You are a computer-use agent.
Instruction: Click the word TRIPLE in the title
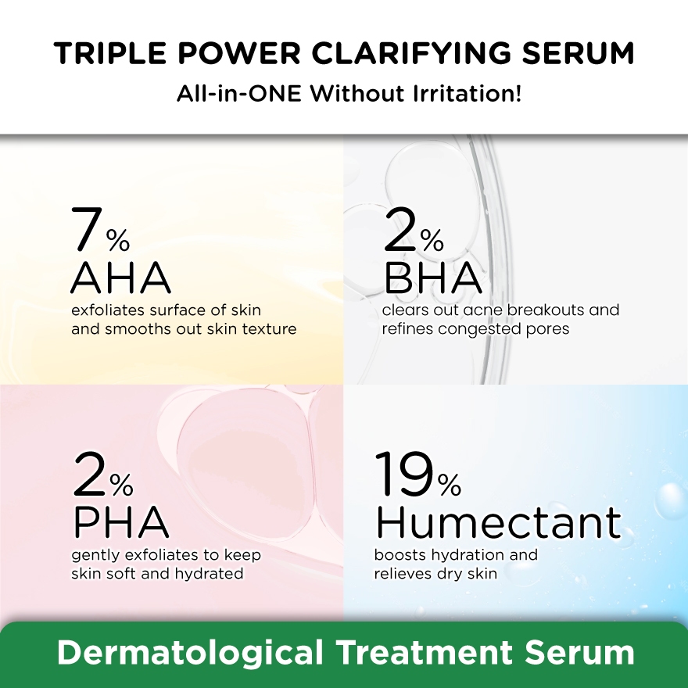(x=109, y=53)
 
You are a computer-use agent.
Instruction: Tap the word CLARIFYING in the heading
(x=411, y=53)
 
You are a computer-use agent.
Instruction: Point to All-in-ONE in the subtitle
(x=238, y=94)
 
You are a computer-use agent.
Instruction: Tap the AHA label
(x=120, y=278)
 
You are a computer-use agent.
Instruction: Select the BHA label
(x=433, y=278)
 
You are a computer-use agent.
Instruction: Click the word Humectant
(x=499, y=522)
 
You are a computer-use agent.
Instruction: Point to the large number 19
(x=404, y=474)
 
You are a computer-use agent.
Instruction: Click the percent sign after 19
(x=450, y=485)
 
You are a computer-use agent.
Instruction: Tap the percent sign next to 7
(x=118, y=240)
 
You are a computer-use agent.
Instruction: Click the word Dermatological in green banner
(x=189, y=653)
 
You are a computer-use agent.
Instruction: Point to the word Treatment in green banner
(x=425, y=653)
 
